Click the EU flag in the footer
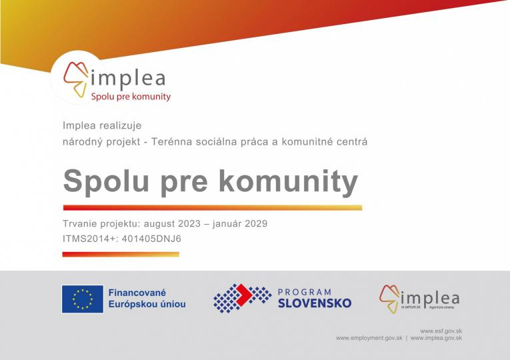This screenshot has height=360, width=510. [x=83, y=299]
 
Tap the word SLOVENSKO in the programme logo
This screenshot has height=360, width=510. [x=314, y=304]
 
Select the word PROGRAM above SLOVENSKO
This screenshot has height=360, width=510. [x=304, y=291]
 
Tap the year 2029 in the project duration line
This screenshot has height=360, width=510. [x=255, y=224]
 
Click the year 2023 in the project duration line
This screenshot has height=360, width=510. [x=185, y=224]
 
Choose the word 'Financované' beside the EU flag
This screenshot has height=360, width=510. [x=137, y=293]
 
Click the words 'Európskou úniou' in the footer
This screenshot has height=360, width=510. [x=147, y=305]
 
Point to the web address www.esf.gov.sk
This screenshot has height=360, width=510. [x=441, y=331]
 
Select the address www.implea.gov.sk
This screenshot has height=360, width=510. [x=437, y=338]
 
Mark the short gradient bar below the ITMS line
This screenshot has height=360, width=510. [x=121, y=254]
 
